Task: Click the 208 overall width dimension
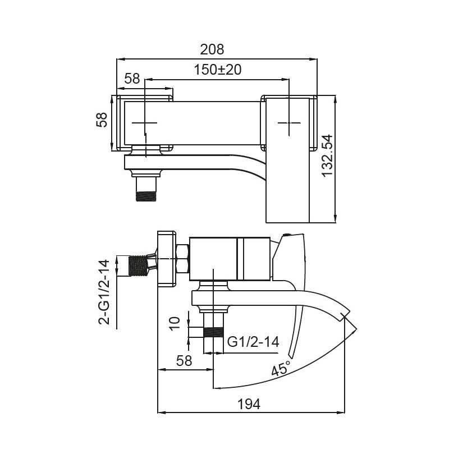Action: pos(212,49)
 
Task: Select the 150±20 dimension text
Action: pos(217,70)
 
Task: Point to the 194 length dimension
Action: pos(249,404)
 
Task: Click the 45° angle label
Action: pos(281,369)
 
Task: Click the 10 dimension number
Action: pos(175,324)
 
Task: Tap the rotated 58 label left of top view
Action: pos(102,120)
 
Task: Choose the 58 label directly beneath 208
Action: pos(132,79)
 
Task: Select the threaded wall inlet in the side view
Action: pos(138,266)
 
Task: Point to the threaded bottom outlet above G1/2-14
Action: pos(213,332)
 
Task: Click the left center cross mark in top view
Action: pos(145,122)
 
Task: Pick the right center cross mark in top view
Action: pos(289,122)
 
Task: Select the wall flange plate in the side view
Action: pos(166,259)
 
